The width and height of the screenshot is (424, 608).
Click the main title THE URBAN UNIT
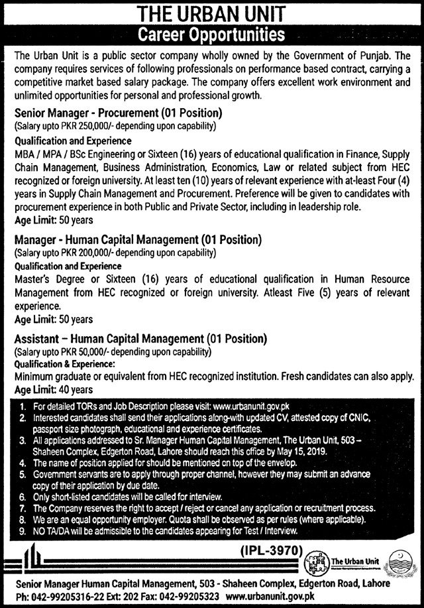click(x=212, y=13)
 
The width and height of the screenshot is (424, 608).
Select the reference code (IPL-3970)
click(x=268, y=549)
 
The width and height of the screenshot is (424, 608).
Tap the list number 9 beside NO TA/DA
click(x=23, y=530)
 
